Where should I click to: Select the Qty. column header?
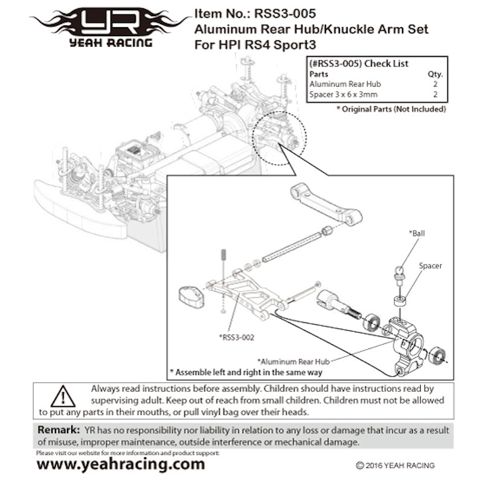pyautogui.click(x=435, y=74)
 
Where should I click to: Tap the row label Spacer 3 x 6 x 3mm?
pyautogui.click(x=344, y=95)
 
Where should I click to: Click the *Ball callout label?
pyautogui.click(x=417, y=232)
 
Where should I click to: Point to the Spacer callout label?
pyautogui.click(x=430, y=266)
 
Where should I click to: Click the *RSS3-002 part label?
pyautogui.click(x=237, y=337)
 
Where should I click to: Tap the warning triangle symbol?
pyautogui.click(x=63, y=397)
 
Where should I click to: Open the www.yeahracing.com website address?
pyautogui.click(x=121, y=464)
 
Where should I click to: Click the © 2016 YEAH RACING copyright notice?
pyautogui.click(x=395, y=465)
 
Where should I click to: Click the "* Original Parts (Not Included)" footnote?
pyautogui.click(x=391, y=109)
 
